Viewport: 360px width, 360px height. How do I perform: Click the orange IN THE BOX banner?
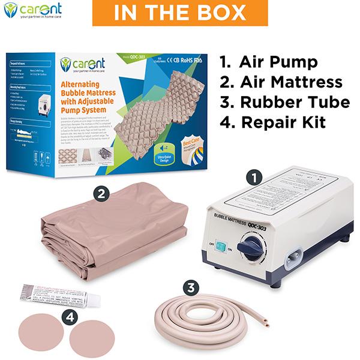click(x=179, y=13)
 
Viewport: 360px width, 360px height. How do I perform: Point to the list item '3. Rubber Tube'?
click(x=284, y=102)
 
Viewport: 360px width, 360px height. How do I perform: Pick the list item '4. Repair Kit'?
click(x=273, y=122)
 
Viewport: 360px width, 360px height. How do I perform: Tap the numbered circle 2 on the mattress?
click(x=102, y=194)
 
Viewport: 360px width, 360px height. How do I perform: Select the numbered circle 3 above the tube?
click(x=191, y=287)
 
